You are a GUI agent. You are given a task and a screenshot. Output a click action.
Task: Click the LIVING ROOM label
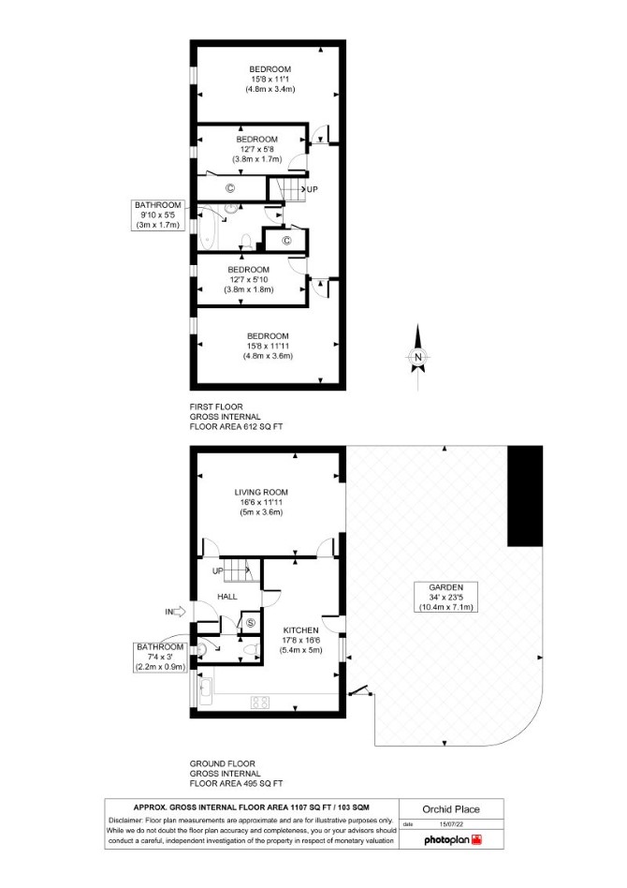261,492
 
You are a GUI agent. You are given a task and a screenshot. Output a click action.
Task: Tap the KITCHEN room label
300,629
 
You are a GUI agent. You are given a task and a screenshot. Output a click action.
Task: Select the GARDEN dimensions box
445,598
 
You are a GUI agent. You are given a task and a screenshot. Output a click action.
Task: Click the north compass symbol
417,357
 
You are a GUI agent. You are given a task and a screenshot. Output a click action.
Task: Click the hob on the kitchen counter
260,703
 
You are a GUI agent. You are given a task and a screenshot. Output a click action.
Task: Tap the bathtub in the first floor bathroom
208,229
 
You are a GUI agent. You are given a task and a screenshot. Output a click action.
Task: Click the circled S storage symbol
251,624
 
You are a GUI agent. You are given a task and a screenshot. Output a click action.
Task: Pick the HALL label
227,597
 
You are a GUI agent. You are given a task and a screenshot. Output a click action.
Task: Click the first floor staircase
286,188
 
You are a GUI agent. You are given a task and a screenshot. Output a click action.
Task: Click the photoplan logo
453,840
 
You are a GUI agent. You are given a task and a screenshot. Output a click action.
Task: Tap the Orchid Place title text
451,809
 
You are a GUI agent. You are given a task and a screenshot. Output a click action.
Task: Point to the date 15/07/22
451,824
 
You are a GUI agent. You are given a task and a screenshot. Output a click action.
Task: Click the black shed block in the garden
525,496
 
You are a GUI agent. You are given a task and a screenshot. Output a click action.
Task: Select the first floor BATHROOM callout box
157,215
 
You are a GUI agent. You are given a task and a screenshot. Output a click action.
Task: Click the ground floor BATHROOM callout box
160,657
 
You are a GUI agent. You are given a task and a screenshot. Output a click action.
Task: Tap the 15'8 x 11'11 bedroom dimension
268,346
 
